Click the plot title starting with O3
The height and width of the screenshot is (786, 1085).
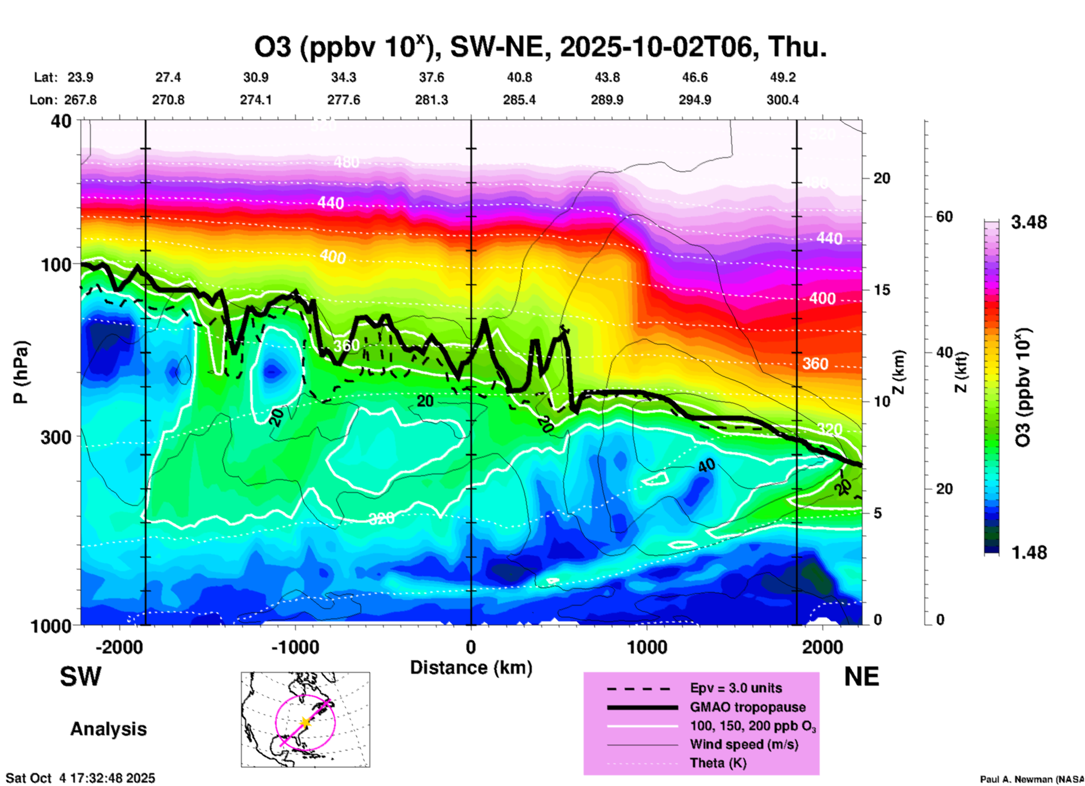point(540,47)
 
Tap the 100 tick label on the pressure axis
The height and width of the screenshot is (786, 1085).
point(57,264)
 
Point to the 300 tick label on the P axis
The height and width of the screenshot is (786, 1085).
point(57,437)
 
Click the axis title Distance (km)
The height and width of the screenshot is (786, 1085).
point(471,668)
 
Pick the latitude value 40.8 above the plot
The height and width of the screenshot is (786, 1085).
point(519,77)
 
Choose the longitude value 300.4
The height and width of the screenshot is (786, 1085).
point(782,100)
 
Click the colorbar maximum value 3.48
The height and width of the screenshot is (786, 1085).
point(1029,223)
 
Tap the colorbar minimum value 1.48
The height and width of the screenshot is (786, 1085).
point(1029,552)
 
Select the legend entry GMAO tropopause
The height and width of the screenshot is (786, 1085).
point(748,707)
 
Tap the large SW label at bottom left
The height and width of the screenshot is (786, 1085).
point(81,677)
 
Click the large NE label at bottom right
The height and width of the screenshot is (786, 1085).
point(861,677)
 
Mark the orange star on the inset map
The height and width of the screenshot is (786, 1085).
point(305,722)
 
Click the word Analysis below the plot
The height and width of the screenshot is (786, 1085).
point(108,729)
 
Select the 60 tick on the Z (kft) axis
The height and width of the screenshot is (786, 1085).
point(944,217)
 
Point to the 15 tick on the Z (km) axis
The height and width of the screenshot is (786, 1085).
point(882,290)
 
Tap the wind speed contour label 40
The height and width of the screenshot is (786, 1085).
point(706,465)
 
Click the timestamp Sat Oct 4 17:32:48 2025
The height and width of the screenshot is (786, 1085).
point(80,778)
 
